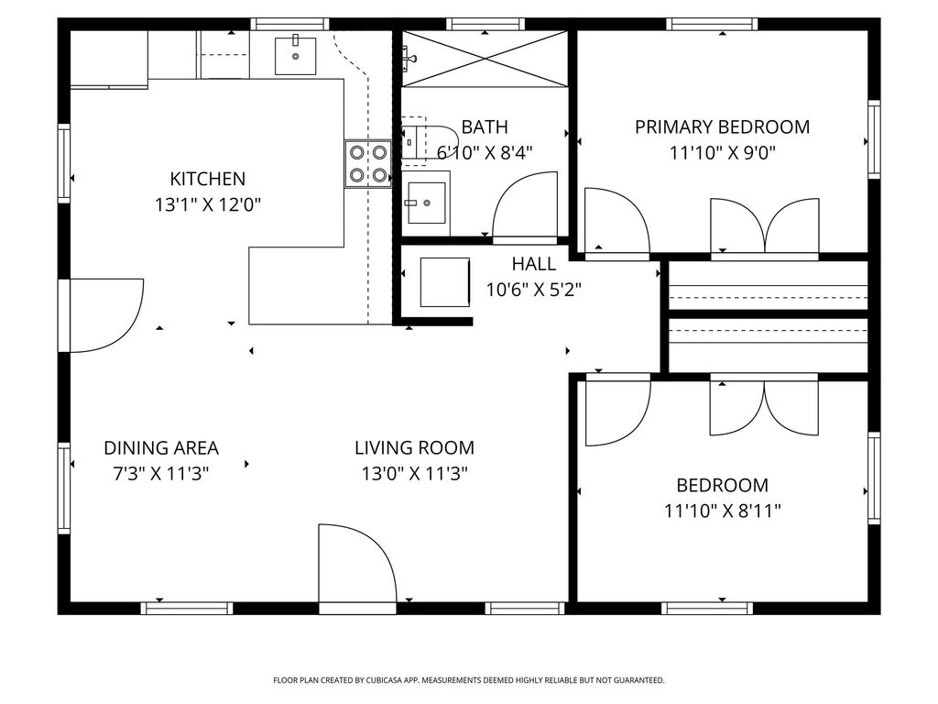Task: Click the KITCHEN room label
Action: click(208, 179)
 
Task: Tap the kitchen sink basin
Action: click(296, 55)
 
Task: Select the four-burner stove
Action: click(368, 163)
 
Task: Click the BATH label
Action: click(485, 126)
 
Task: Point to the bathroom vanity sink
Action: click(426, 203)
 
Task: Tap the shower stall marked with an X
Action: click(484, 59)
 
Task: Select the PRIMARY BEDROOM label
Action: click(722, 126)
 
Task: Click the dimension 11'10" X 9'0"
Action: click(722, 153)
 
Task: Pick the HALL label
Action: click(534, 263)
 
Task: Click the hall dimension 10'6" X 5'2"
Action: click(534, 290)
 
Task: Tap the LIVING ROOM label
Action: click(415, 447)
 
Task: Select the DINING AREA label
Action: click(161, 447)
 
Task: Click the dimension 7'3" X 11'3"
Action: click(161, 474)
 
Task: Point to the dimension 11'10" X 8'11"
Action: click(722, 511)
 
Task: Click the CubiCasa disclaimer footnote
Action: click(468, 680)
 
